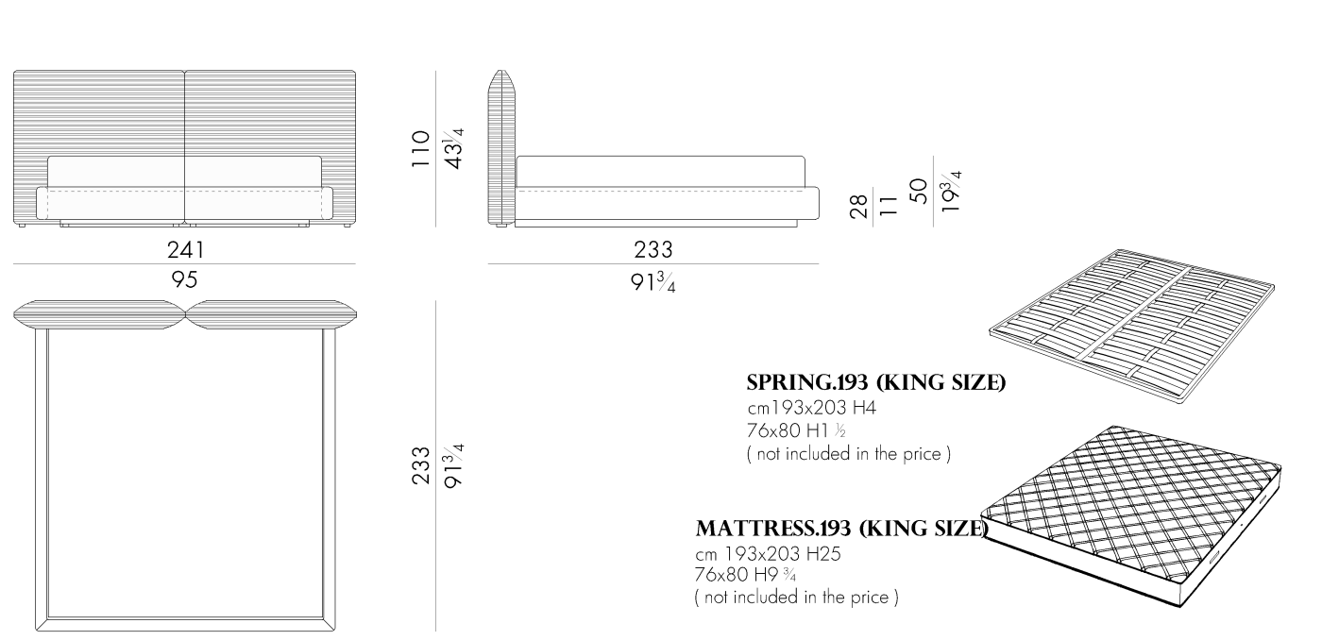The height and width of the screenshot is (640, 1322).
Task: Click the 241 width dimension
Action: (x=185, y=250)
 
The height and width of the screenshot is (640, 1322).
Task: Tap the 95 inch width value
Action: (x=184, y=279)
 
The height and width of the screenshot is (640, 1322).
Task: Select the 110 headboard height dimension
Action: (x=420, y=148)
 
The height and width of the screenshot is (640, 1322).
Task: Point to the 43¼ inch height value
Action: (x=453, y=148)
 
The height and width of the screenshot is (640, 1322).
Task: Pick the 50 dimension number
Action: (x=919, y=191)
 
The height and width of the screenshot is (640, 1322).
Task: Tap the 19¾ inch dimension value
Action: (x=950, y=191)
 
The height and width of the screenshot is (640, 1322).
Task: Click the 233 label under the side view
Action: (x=653, y=250)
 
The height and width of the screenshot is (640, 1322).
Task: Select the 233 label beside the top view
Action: (x=421, y=465)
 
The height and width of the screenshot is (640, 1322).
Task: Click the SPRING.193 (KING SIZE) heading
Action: (x=876, y=383)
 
